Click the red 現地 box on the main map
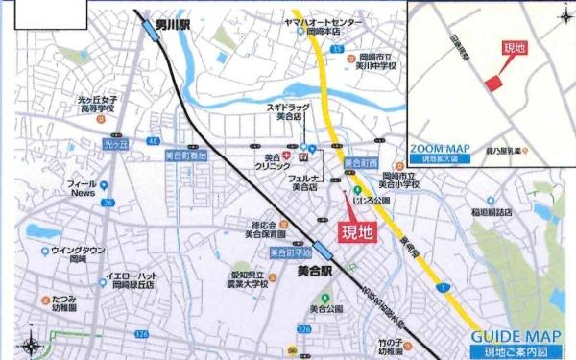coord(355,231)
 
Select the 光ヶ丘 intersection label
coord(115,144)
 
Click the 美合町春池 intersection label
coord(185,154)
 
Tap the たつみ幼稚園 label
coord(63,302)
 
